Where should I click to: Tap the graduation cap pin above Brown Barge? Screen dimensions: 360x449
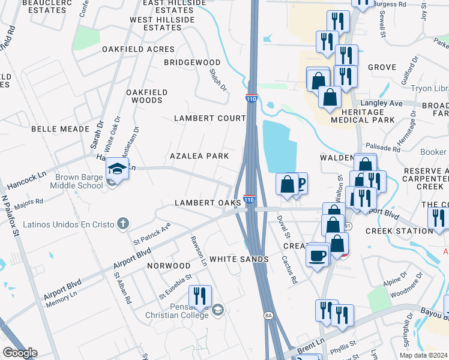[118, 169]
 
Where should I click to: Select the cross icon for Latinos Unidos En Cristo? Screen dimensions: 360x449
[122, 224]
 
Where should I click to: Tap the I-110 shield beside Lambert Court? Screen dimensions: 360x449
[251, 98]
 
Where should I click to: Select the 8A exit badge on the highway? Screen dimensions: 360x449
[268, 314]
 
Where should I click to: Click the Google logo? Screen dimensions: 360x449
[19, 353]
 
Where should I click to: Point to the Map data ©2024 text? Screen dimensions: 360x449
[423, 355]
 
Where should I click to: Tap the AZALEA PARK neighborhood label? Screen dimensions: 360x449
[199, 156]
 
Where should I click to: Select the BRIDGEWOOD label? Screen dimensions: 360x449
[193, 62]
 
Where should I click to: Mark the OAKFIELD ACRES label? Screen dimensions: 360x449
[138, 49]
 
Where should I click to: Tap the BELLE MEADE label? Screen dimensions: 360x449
[55, 129]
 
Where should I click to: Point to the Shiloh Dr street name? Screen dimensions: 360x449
[218, 79]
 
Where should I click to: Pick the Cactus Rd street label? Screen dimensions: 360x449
[290, 269]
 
